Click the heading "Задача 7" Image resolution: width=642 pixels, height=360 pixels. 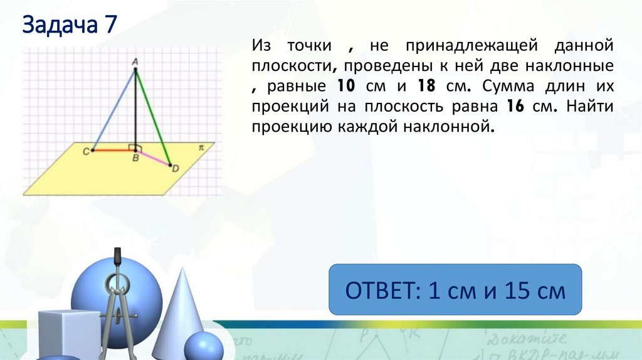coord(70,26)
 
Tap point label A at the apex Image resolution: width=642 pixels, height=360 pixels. coord(135,61)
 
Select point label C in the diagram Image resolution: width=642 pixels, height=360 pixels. coord(86,151)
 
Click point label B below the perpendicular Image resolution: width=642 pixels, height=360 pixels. coord(135,159)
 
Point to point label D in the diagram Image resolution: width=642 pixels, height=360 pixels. coord(176,167)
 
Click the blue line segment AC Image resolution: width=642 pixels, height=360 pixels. coord(113,110)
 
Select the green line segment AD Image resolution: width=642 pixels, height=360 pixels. coord(152,117)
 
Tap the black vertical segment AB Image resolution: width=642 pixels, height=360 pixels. coord(135,107)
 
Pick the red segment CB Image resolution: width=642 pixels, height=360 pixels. coord(113,151)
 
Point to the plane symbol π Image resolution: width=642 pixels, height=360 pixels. coord(202,147)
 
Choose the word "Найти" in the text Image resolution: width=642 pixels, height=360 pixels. coord(589,106)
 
